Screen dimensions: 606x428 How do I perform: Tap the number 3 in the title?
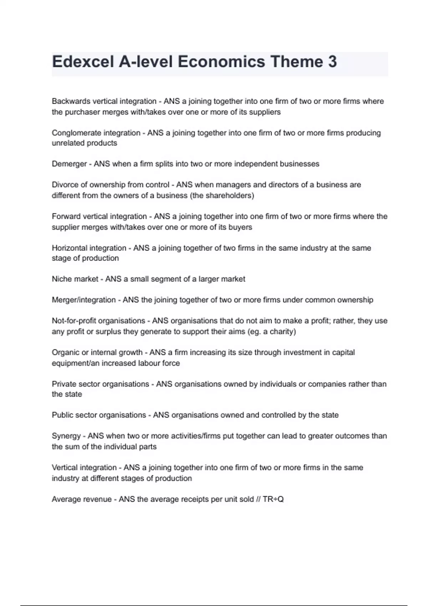click(x=332, y=62)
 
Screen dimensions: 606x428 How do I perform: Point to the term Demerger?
click(x=69, y=164)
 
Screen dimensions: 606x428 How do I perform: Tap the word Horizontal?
click(x=69, y=248)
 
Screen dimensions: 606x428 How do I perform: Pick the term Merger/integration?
click(x=84, y=300)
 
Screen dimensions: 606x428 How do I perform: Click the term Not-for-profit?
click(x=74, y=321)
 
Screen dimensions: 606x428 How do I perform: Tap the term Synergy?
click(x=66, y=436)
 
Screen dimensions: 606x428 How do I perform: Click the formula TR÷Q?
click(x=273, y=499)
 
